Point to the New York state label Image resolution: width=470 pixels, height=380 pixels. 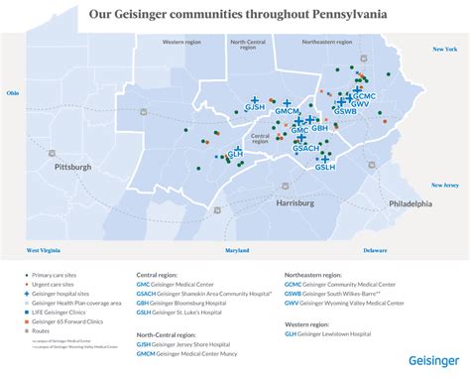tap(442, 49)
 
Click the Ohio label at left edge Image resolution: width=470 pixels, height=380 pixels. tap(13, 92)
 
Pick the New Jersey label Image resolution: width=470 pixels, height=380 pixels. tap(443, 185)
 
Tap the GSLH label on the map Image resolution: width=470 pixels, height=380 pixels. tap(325, 168)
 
